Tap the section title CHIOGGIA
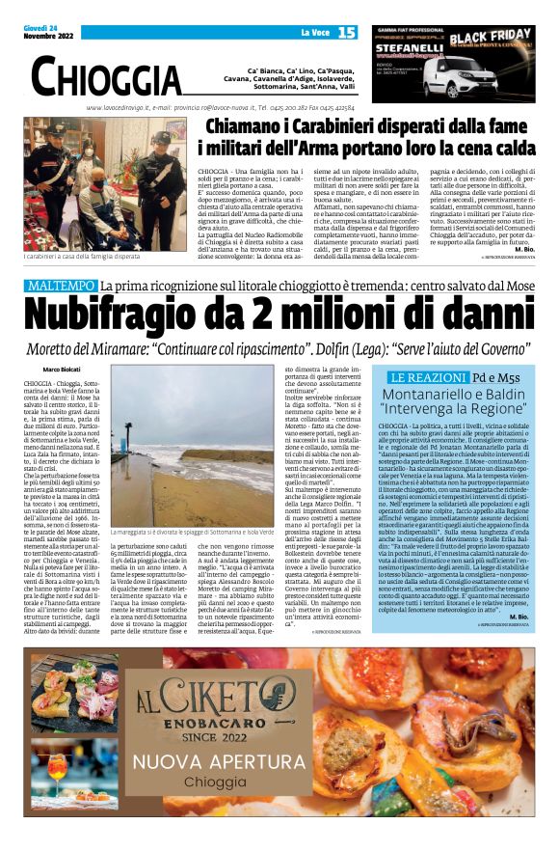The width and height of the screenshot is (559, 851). (x=105, y=75)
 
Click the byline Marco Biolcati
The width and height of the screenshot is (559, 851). (x=62, y=370)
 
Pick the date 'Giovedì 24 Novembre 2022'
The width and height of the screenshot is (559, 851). (x=42, y=33)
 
